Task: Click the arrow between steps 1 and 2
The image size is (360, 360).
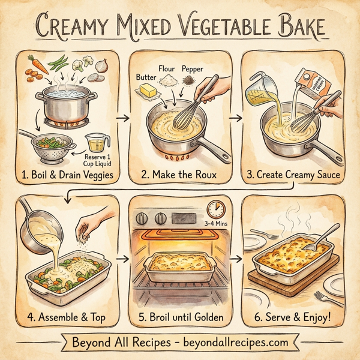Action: coord(124,118)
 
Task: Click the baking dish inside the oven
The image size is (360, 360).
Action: coord(179,262)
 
